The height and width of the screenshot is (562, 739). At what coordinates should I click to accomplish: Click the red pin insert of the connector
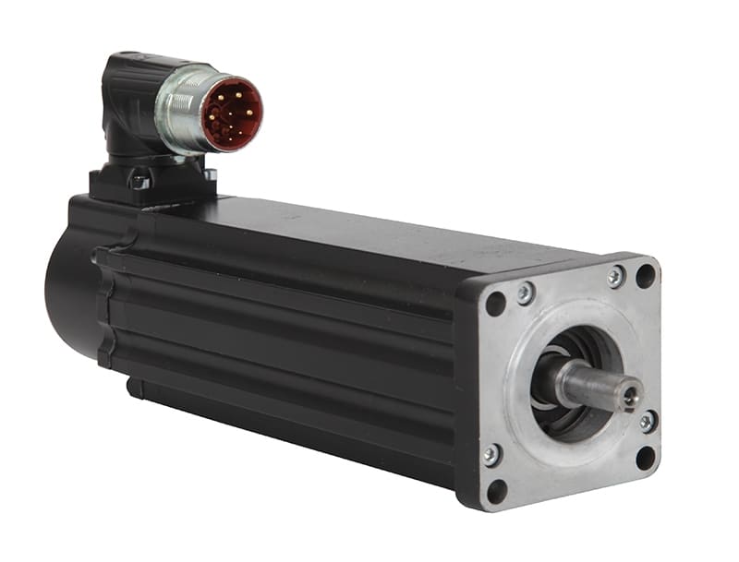(x=232, y=114)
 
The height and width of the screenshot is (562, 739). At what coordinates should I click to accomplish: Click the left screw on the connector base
(x=139, y=181)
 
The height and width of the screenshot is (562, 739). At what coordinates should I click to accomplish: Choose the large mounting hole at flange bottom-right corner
(x=646, y=456)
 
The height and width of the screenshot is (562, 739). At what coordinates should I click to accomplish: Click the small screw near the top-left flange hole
(x=525, y=293)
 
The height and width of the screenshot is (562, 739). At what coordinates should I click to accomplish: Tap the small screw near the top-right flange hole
(x=615, y=276)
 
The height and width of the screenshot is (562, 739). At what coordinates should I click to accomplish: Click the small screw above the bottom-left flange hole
(x=492, y=453)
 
